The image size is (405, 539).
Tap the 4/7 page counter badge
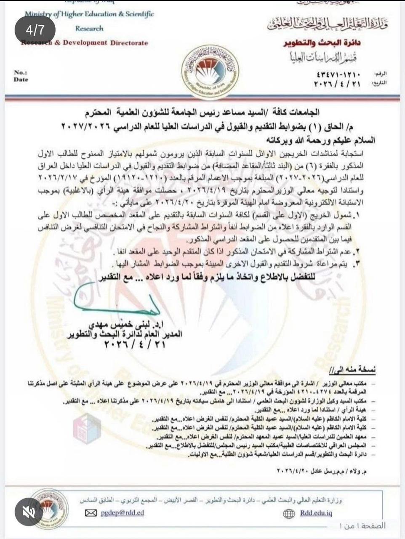(35, 30)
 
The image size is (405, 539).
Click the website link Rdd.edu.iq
(316, 513)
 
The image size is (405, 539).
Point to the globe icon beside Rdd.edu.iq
(289, 514)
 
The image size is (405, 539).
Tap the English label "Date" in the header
(21, 79)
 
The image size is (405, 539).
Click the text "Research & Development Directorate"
(84, 43)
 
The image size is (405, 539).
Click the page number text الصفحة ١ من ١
(363, 526)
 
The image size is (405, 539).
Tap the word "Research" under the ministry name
(89, 29)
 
